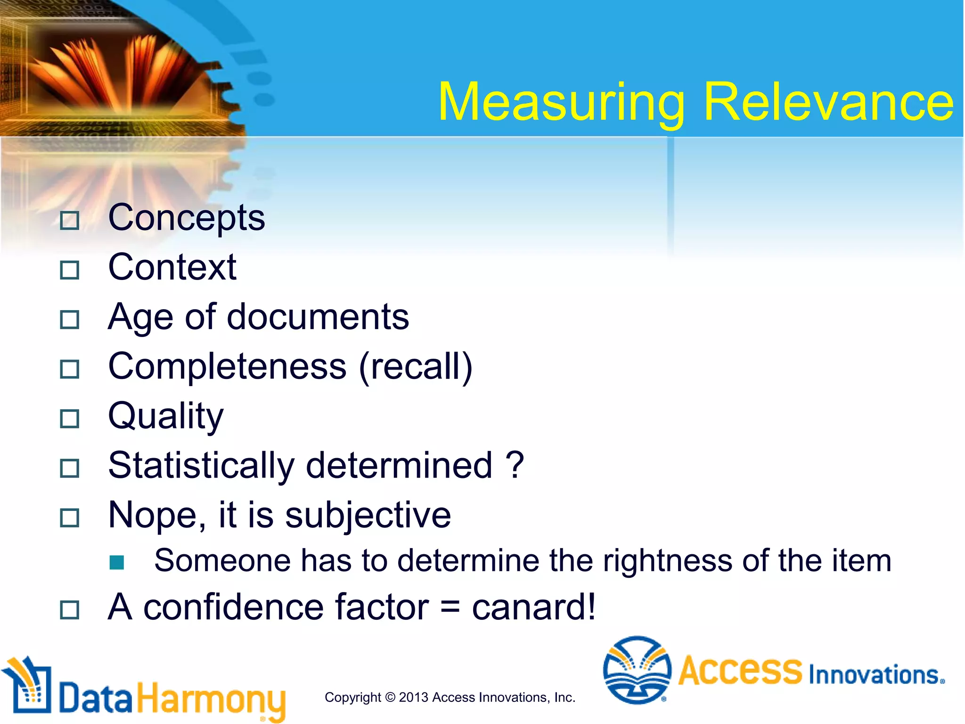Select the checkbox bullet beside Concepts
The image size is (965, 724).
pyautogui.click(x=70, y=221)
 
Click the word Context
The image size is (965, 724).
pyautogui.click(x=172, y=267)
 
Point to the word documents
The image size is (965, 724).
pyautogui.click(x=318, y=317)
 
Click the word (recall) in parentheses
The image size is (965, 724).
pyautogui.click(x=415, y=367)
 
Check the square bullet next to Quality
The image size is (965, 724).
pyautogui.click(x=70, y=419)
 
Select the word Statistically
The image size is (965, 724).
pyautogui.click(x=201, y=466)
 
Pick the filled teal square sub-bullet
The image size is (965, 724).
pyautogui.click(x=116, y=562)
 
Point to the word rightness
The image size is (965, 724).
pyautogui.click(x=668, y=561)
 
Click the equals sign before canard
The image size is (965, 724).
pyautogui.click(x=450, y=607)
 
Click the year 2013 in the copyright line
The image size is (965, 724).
pyautogui.click(x=413, y=697)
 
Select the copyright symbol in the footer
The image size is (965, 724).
pyautogui.click(x=390, y=697)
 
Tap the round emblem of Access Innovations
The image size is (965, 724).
pyautogui.click(x=637, y=670)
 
